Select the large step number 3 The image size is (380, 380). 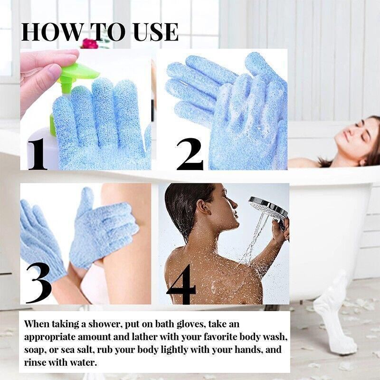click(x=38, y=282)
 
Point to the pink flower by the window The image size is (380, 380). click(x=90, y=43)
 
